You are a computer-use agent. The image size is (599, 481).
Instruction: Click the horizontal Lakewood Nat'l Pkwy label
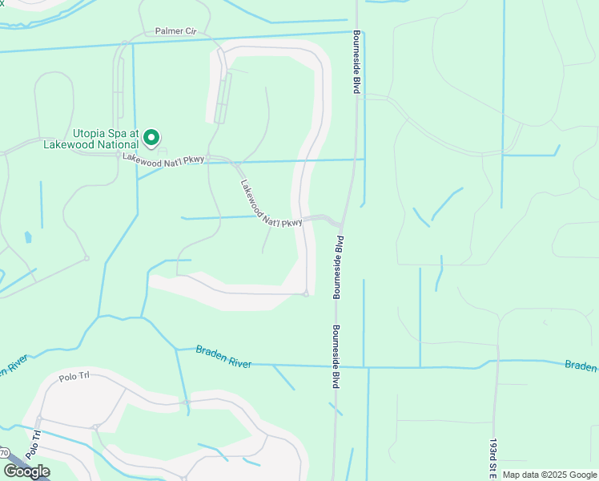(x=163, y=159)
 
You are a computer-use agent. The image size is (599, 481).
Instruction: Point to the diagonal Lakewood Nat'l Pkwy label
(x=270, y=204)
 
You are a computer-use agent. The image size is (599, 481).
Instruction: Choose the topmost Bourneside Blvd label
(x=356, y=63)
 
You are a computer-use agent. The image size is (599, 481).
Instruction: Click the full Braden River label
(x=224, y=357)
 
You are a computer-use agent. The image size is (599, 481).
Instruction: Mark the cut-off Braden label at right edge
(x=581, y=366)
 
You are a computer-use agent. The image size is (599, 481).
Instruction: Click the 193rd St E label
(x=494, y=458)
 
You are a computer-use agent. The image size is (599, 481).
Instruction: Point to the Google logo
(x=26, y=471)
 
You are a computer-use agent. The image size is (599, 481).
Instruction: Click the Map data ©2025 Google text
(x=549, y=475)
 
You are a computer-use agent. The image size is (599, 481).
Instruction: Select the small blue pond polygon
(x=29, y=237)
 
